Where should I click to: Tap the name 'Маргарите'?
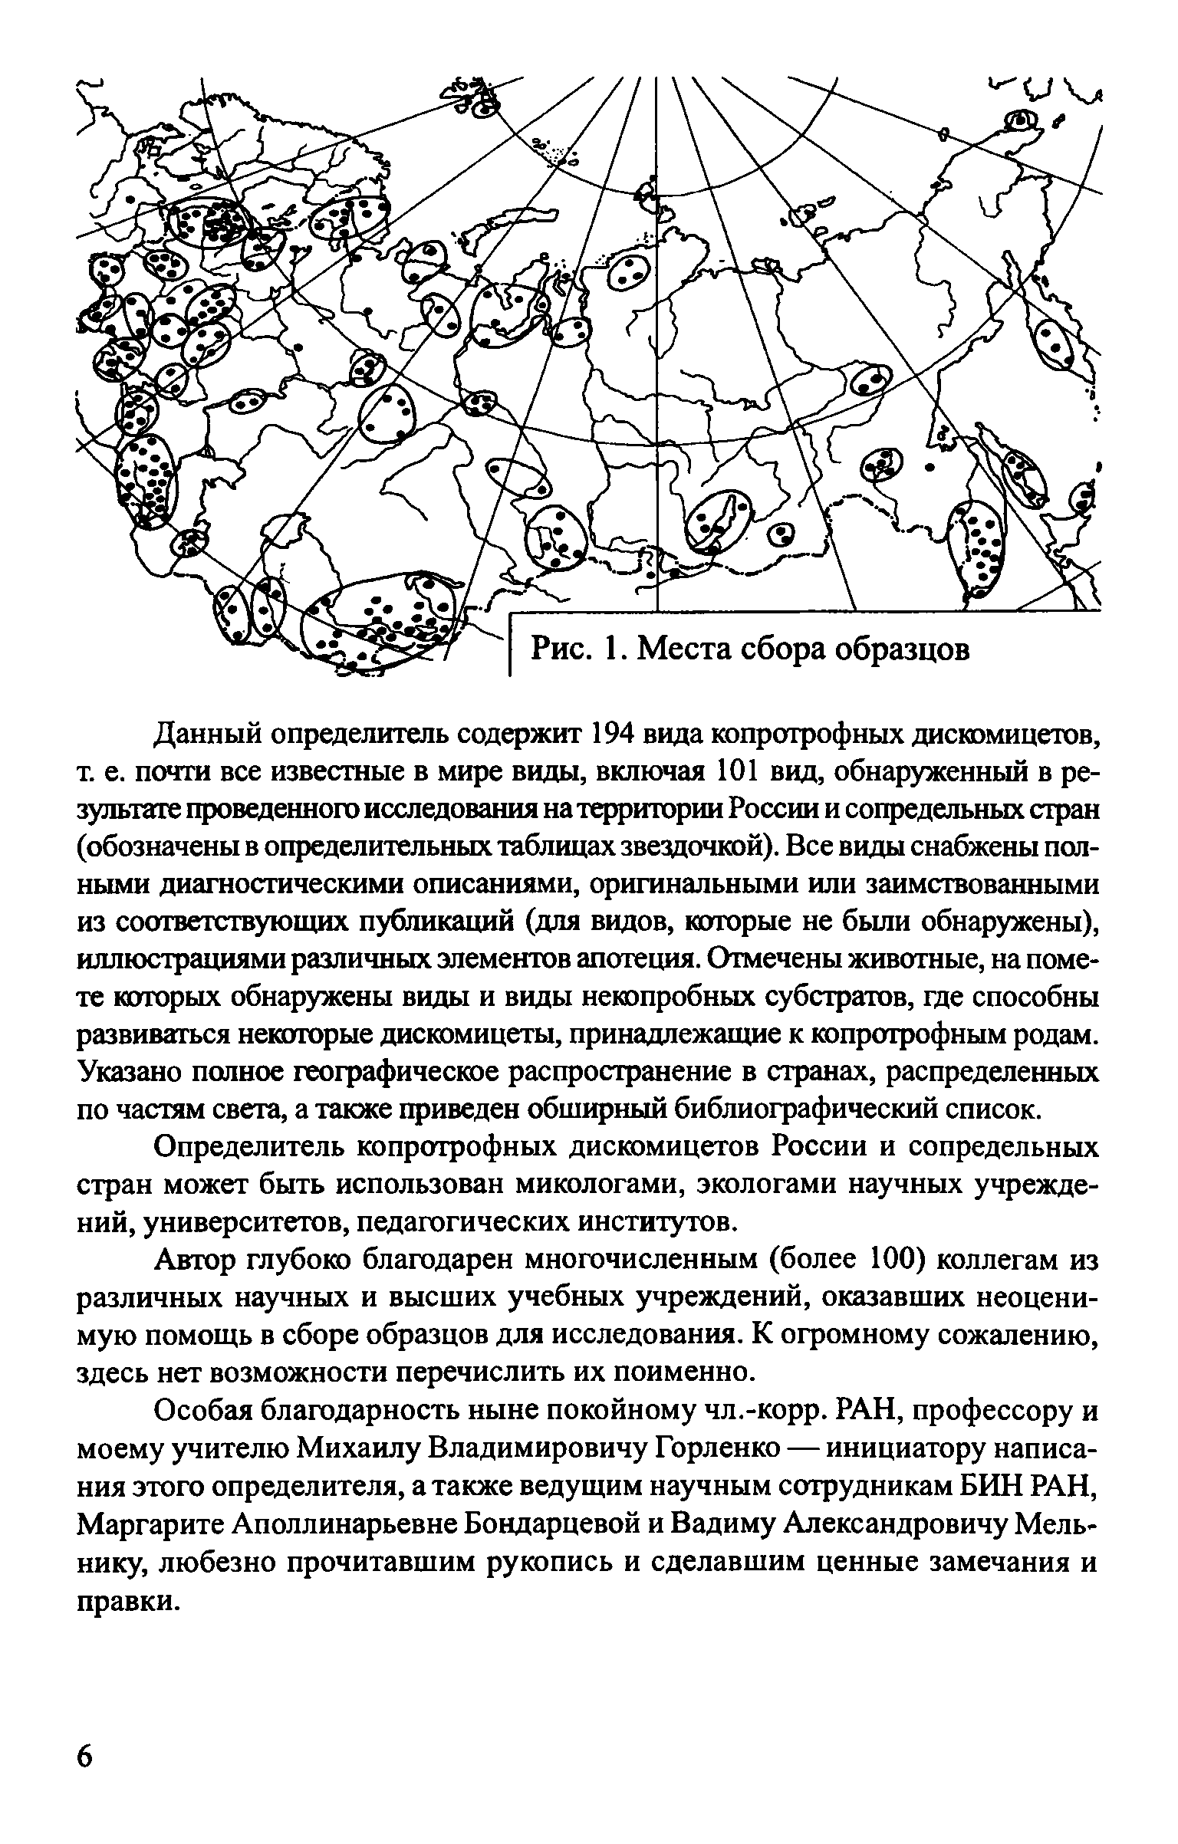(x=150, y=1524)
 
